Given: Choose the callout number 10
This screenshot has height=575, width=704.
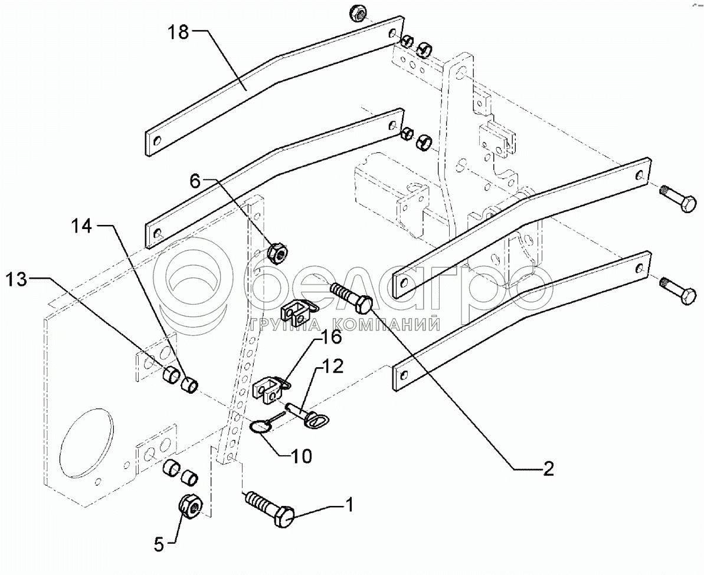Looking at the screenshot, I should pyautogui.click(x=299, y=456).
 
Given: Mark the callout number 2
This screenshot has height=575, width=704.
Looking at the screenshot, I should pyautogui.click(x=548, y=469).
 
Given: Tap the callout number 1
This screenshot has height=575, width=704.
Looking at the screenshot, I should pyautogui.click(x=349, y=505).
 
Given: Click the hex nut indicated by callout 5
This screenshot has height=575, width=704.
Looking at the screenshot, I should pyautogui.click(x=191, y=506).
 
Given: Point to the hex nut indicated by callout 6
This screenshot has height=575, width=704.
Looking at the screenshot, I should pyautogui.click(x=277, y=253).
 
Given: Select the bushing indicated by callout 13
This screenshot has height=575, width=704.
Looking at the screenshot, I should pyautogui.click(x=171, y=375).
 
